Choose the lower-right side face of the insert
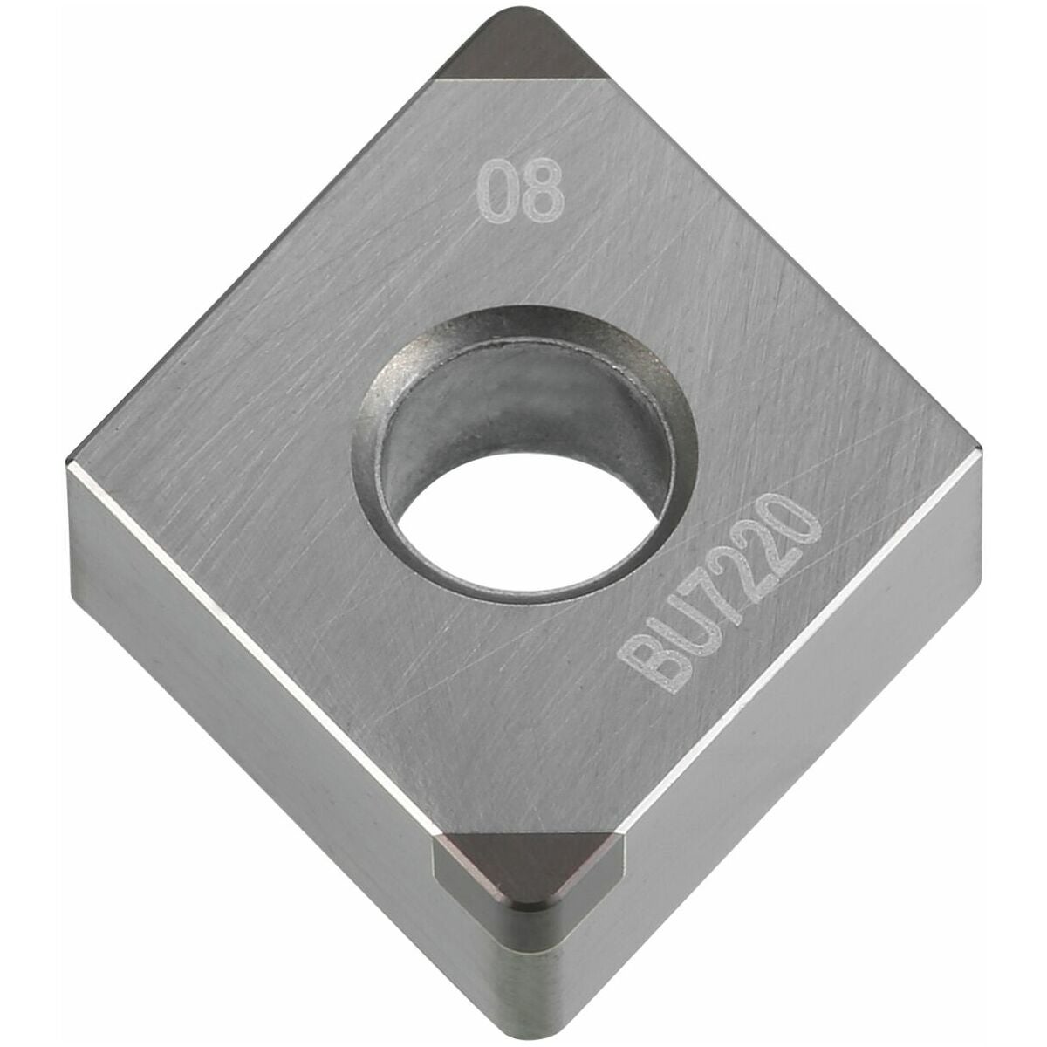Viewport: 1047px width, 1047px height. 785,742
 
